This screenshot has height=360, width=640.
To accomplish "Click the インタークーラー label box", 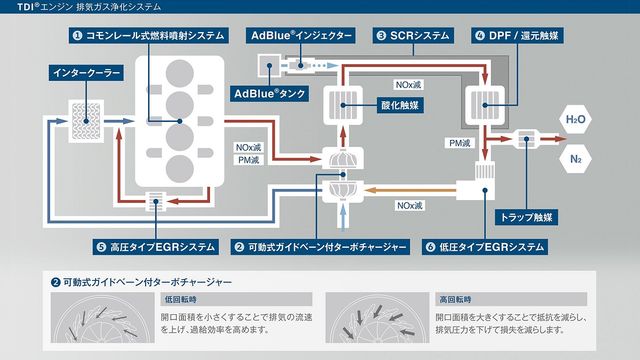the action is coord(86,73).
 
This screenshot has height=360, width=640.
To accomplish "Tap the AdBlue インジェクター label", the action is coord(301,36).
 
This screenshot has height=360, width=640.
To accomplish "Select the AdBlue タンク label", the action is coord(269,94).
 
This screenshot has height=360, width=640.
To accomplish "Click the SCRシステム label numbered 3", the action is coord(413,36).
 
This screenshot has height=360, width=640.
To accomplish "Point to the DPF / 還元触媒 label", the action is coord(518,36).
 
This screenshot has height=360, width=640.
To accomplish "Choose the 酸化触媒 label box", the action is coord(400,105).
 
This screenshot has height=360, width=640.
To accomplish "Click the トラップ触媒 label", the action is coord(526,217).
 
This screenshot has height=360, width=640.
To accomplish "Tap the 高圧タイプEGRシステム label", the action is coord(156,247).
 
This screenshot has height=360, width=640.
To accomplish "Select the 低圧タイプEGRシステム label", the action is coord(485,247).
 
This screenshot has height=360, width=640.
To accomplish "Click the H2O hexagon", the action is coord(576,119).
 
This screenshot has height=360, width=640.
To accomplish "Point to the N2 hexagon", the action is coord(576,159).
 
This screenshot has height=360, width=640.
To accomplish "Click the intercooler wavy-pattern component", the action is coord(86,121).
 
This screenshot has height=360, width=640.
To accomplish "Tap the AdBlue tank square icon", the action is coord(269,66).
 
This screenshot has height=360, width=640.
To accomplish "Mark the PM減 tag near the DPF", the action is coord(460,143).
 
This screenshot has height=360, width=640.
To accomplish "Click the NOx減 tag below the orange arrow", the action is coord(409,205).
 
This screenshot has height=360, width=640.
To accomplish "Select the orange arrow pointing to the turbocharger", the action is coord(409,190).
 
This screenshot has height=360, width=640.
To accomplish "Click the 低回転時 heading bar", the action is coord(236,300).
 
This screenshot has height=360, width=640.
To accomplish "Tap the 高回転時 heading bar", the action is coord(511,300).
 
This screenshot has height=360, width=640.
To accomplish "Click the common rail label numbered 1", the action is coord(149,36).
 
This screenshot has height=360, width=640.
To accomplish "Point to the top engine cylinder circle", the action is coord(180,73).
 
